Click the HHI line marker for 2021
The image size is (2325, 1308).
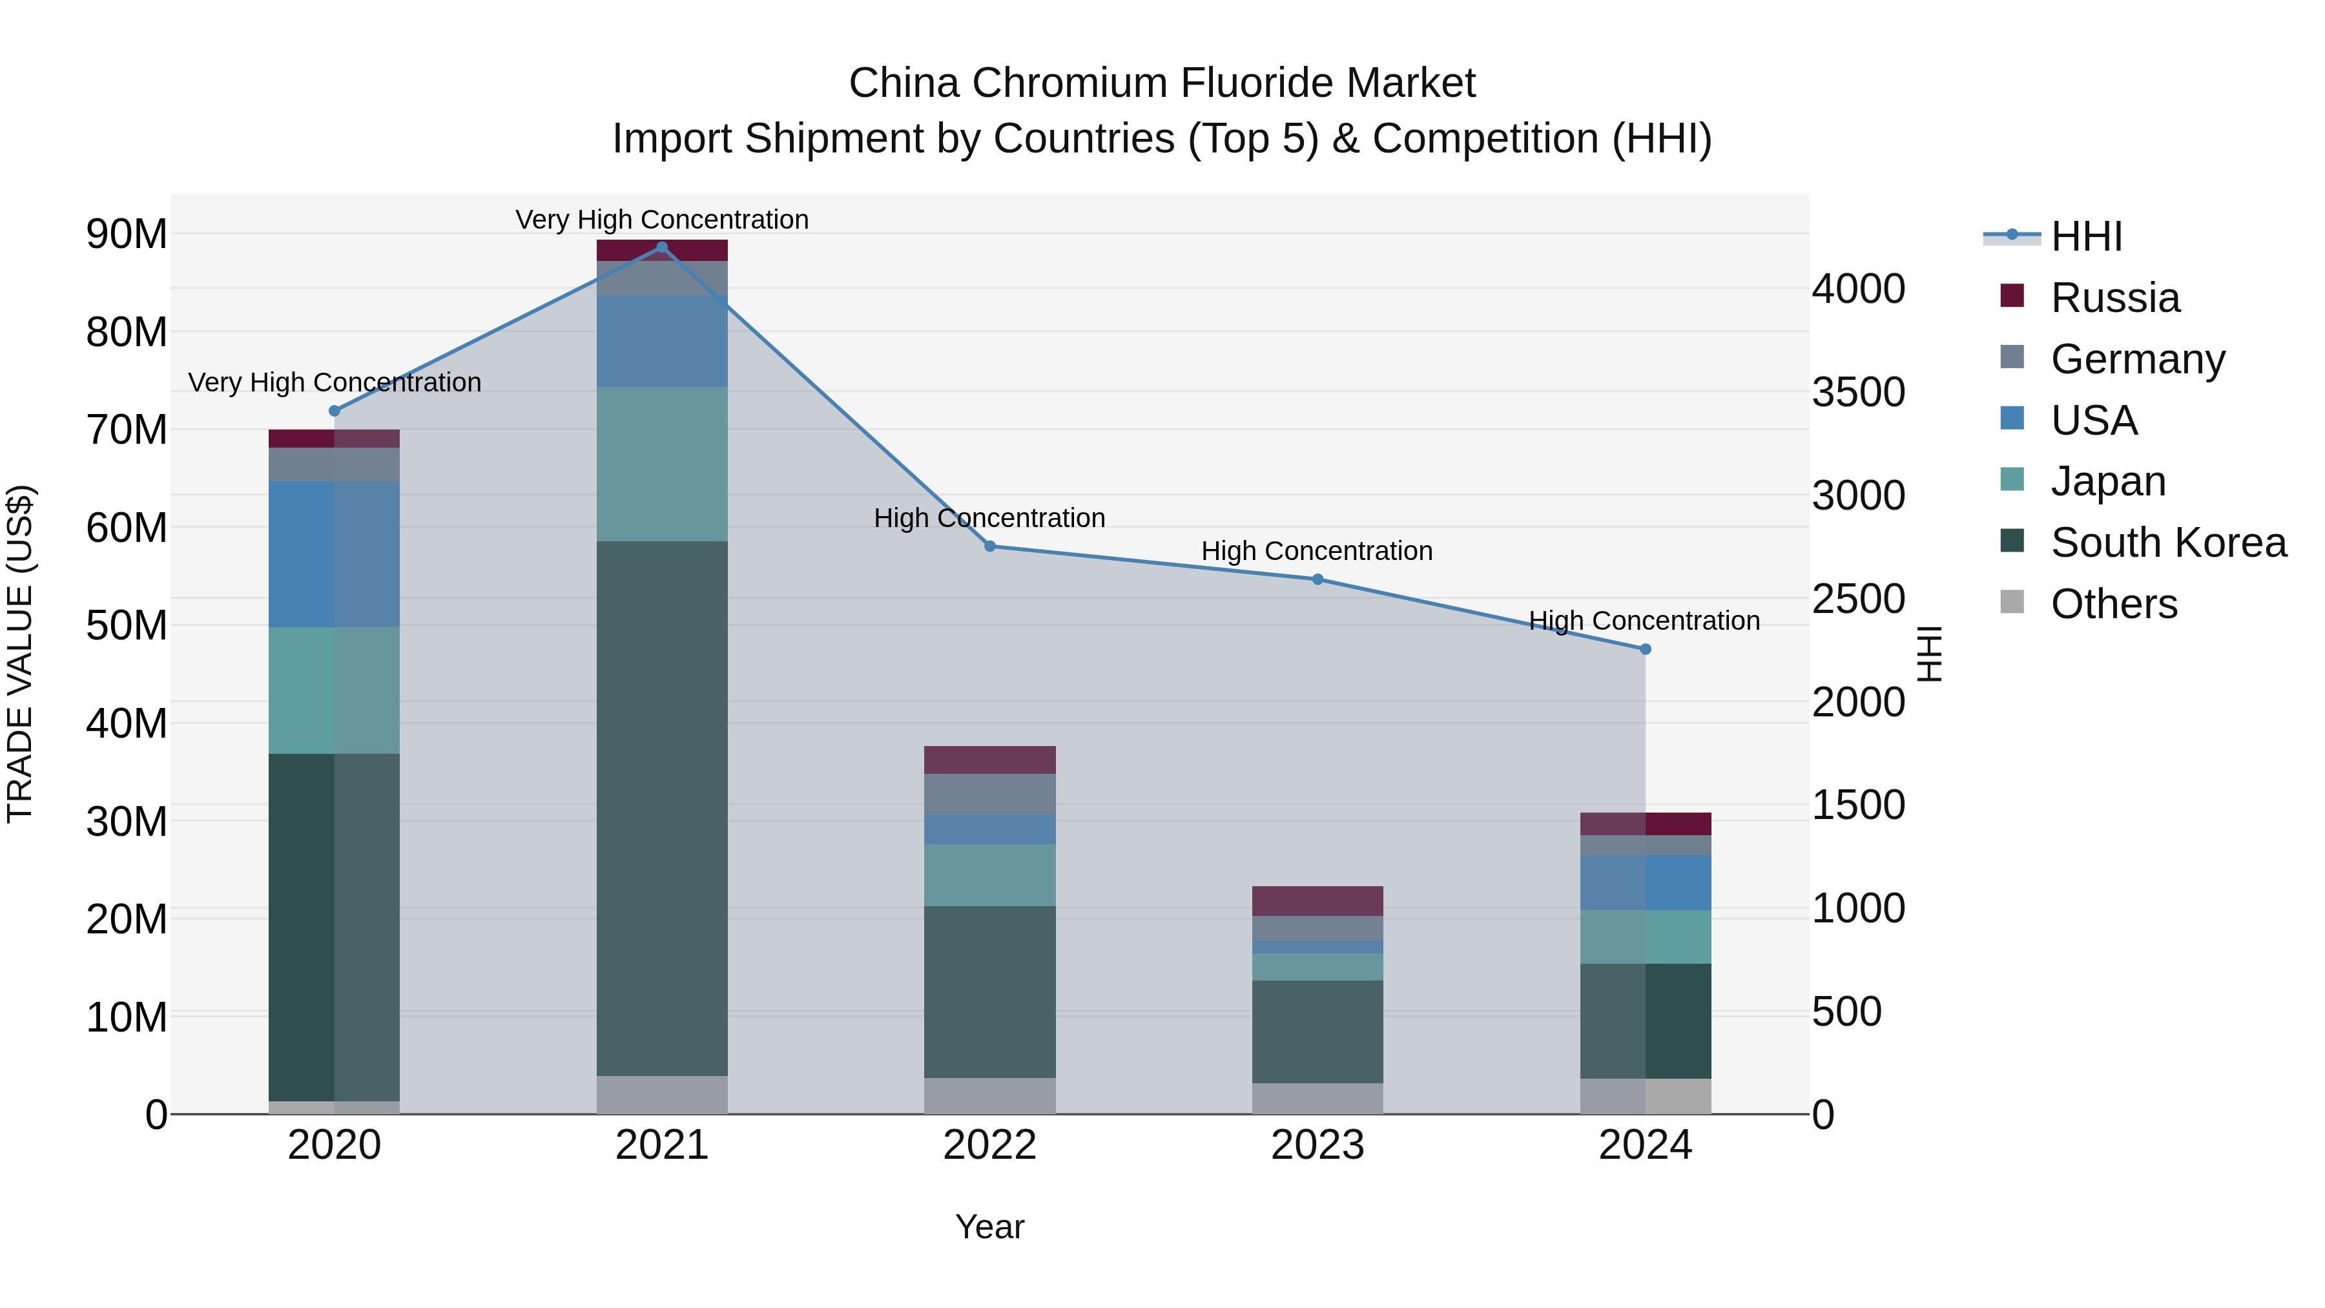661,247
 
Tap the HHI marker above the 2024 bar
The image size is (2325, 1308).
1644,649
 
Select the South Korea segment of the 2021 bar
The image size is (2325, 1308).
661,808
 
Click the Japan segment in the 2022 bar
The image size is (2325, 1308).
989,875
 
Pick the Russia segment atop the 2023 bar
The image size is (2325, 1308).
1317,901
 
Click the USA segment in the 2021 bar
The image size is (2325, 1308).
661,340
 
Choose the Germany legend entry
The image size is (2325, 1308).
2137,359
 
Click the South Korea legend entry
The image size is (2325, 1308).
2168,543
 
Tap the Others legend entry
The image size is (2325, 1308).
2113,604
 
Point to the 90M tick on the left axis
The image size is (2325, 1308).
127,234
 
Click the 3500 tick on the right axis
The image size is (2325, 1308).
1858,393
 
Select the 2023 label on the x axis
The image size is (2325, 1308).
1317,1145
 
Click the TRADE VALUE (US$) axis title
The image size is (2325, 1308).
20,654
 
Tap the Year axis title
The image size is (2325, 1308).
989,1227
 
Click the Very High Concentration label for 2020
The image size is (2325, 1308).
334,383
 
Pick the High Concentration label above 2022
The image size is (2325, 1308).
989,518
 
